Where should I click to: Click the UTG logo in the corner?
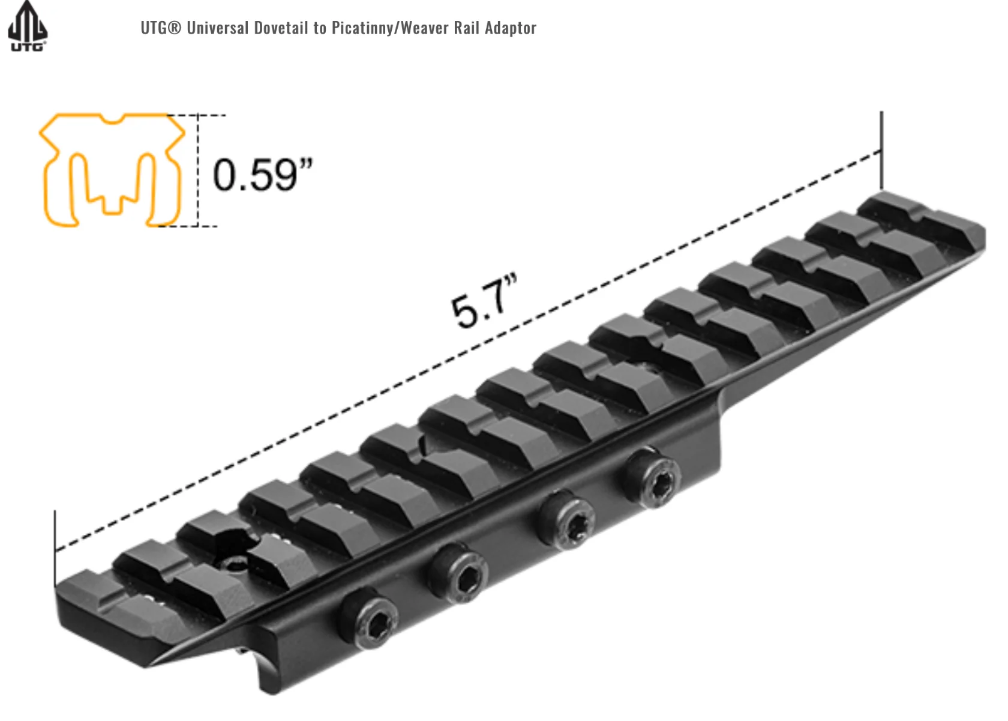(x=28, y=26)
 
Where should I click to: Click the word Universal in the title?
(x=218, y=28)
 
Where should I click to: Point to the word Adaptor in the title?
(x=510, y=28)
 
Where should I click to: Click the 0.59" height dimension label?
(x=263, y=174)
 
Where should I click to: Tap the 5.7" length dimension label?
(x=484, y=301)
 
